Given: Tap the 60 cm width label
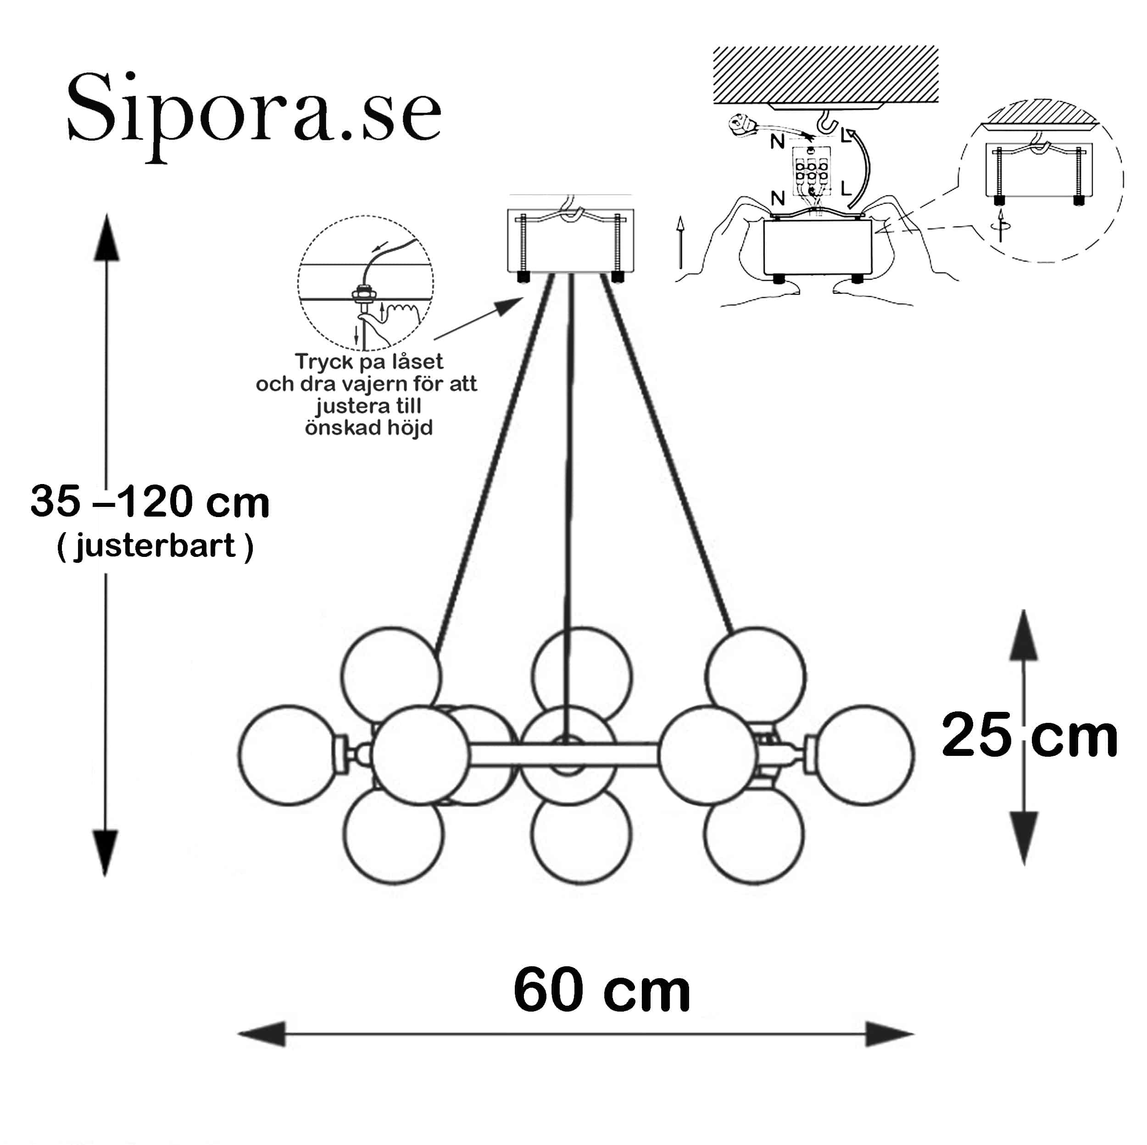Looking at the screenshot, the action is (602, 990).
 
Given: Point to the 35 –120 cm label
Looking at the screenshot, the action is (150, 501).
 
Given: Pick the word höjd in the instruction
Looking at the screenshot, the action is (410, 427).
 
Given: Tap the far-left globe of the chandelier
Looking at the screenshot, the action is (289, 754).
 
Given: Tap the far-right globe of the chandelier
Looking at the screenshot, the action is (864, 754).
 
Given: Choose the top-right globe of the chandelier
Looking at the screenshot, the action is (755, 676).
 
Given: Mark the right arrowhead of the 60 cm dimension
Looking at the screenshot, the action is (889, 1034).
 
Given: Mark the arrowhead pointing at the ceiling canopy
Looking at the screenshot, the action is (509, 307).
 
